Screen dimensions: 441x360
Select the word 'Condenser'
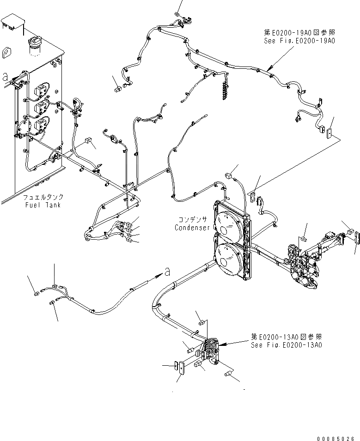192,228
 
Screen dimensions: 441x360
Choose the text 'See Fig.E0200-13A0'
287,345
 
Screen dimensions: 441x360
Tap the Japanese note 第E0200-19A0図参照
299,33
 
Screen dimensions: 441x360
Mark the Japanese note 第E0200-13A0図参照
287,337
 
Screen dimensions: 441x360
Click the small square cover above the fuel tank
12,23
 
